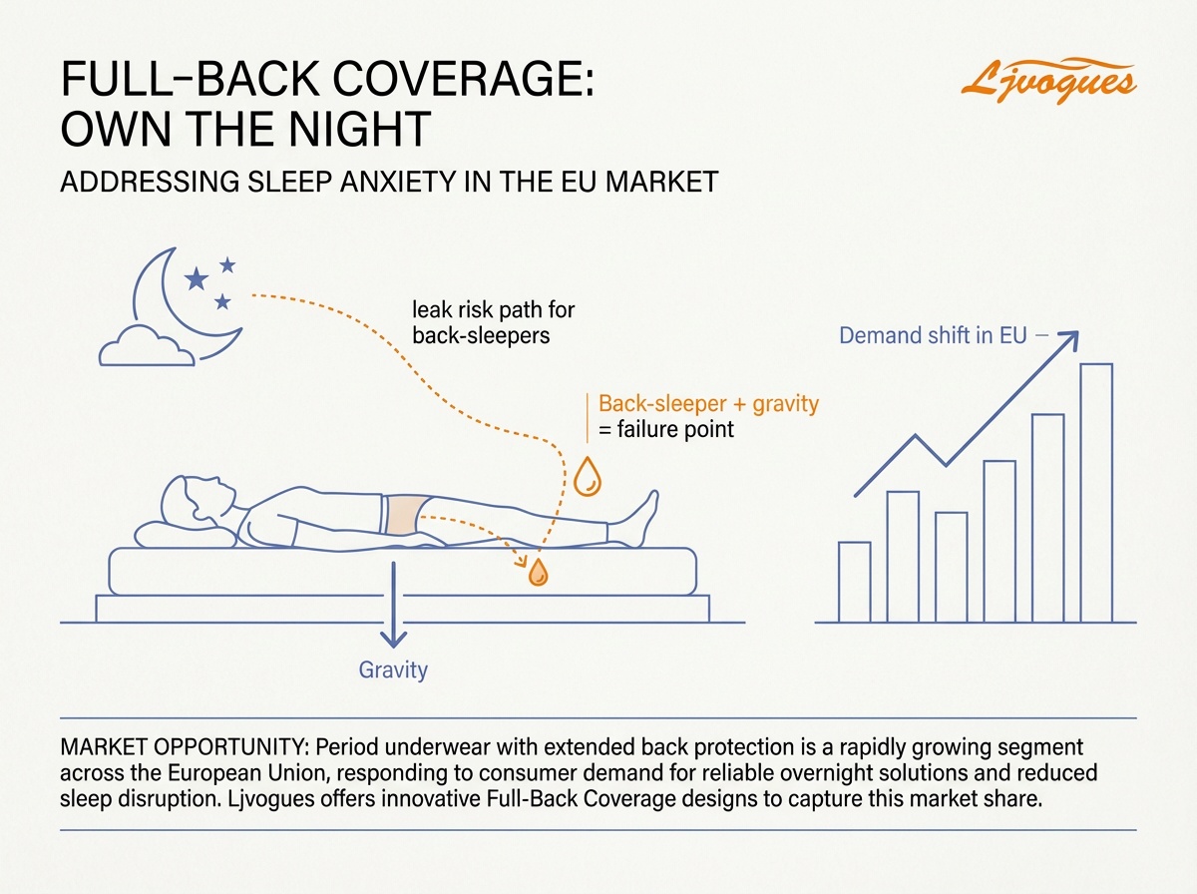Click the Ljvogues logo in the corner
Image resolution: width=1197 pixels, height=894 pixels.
(1047, 79)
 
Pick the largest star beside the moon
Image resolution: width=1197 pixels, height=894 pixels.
(197, 277)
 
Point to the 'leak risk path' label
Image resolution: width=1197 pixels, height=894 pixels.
(493, 323)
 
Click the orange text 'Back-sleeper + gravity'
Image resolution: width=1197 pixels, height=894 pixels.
(707, 404)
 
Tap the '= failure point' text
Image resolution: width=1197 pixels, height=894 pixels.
(665, 431)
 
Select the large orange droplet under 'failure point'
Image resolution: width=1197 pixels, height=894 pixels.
(588, 476)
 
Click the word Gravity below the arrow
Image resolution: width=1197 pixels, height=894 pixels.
(393, 670)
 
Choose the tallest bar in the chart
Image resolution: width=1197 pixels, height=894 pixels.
(1095, 493)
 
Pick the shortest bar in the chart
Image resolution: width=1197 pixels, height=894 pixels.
(855, 582)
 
